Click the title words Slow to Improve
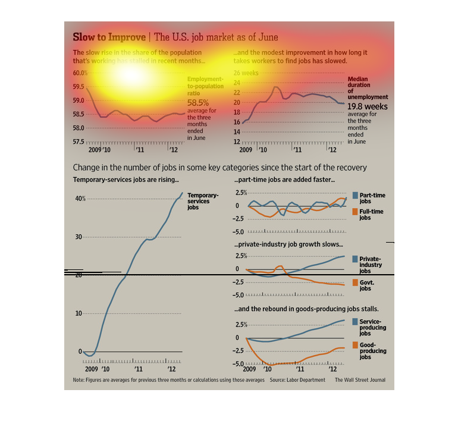(x=109, y=37)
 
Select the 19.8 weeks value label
(x=368, y=106)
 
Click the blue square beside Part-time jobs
(x=355, y=196)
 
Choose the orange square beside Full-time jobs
(x=355, y=212)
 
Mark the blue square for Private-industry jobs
(x=355, y=259)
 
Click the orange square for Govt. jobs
(x=355, y=282)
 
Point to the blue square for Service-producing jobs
(x=355, y=322)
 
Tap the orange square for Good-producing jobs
(x=355, y=345)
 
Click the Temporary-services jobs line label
(x=203, y=202)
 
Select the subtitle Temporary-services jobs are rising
(x=126, y=180)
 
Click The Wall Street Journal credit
(x=359, y=379)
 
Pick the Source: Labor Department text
(x=296, y=379)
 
